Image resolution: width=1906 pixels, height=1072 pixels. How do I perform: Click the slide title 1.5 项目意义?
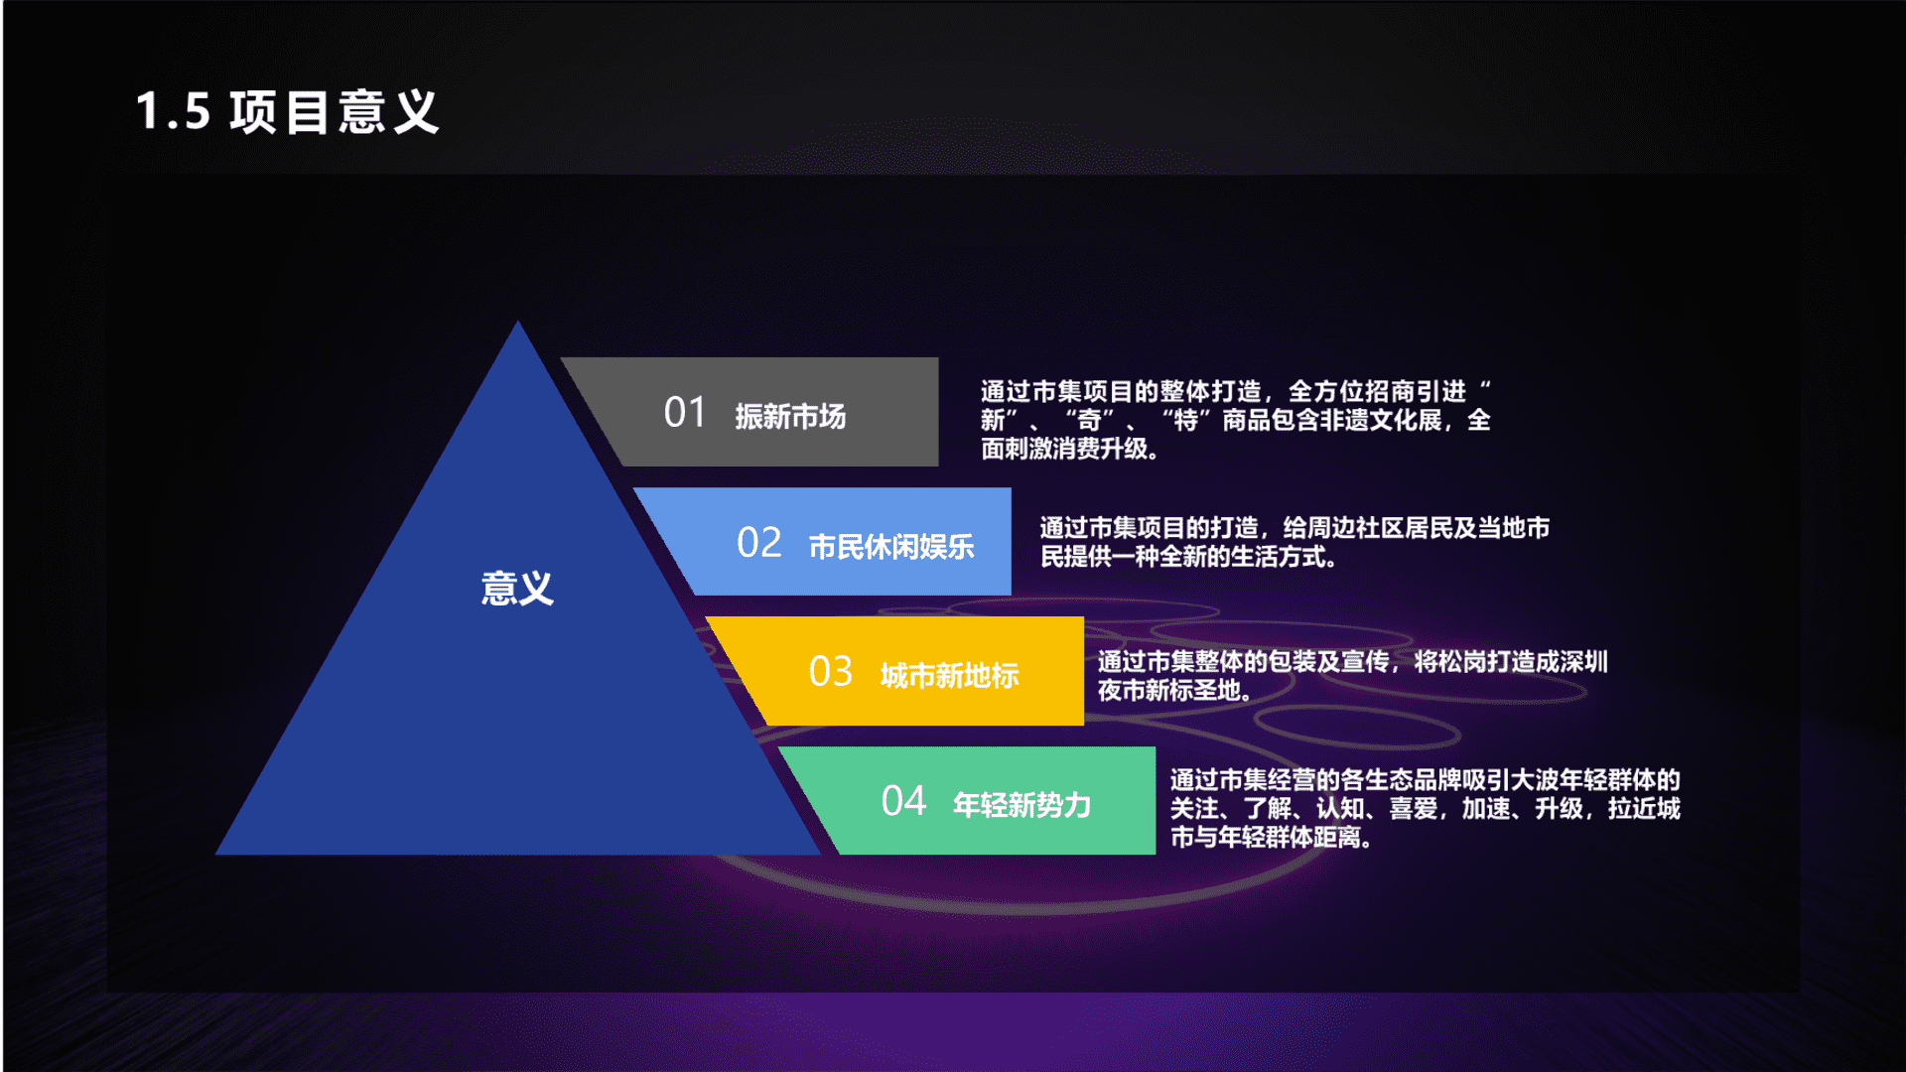point(287,111)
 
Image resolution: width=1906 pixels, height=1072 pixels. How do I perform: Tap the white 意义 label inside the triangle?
point(517,589)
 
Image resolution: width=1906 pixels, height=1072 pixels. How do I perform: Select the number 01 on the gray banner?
point(685,413)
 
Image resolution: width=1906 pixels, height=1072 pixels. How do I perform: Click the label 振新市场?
point(790,416)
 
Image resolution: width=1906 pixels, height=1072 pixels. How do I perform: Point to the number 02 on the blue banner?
point(759,543)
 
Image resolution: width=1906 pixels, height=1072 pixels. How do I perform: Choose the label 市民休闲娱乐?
point(891,546)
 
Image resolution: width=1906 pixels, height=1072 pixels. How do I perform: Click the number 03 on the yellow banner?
point(831,672)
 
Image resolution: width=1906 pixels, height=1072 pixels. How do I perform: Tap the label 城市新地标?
point(950,675)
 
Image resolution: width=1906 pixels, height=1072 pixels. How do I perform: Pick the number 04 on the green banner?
point(903,801)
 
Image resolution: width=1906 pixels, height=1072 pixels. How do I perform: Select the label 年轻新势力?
point(1022,804)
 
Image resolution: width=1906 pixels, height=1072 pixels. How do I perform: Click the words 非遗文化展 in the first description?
point(1381,420)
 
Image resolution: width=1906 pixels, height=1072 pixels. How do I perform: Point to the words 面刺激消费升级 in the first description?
point(1064,449)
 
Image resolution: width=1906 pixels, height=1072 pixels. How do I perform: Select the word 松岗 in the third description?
point(1461,662)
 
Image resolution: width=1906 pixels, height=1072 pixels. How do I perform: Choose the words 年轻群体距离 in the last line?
point(1291,838)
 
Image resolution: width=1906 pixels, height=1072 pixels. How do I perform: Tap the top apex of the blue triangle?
point(517,321)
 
